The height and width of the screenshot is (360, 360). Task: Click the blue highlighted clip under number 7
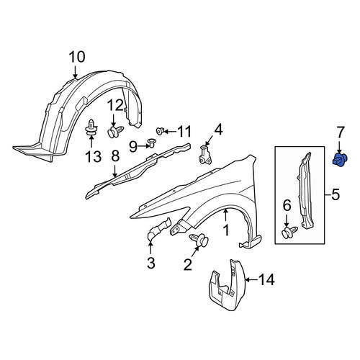tap(340, 160)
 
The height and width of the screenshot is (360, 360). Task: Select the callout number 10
tap(77, 58)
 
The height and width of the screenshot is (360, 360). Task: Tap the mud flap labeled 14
tap(228, 285)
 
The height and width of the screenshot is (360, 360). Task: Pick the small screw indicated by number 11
tap(160, 131)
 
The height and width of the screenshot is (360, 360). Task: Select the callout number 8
tap(115, 156)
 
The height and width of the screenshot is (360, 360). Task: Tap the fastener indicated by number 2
tap(199, 240)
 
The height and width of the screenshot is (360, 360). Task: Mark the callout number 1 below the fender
tap(226, 230)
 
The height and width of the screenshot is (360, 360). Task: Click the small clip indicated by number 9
tap(152, 143)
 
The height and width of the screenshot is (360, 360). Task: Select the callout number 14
tap(266, 280)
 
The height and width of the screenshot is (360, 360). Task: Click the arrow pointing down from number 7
tap(339, 147)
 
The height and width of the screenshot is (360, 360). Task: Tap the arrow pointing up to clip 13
tap(91, 142)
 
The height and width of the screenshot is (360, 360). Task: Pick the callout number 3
tap(151, 263)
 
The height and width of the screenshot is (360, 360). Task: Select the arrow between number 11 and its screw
tap(171, 131)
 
